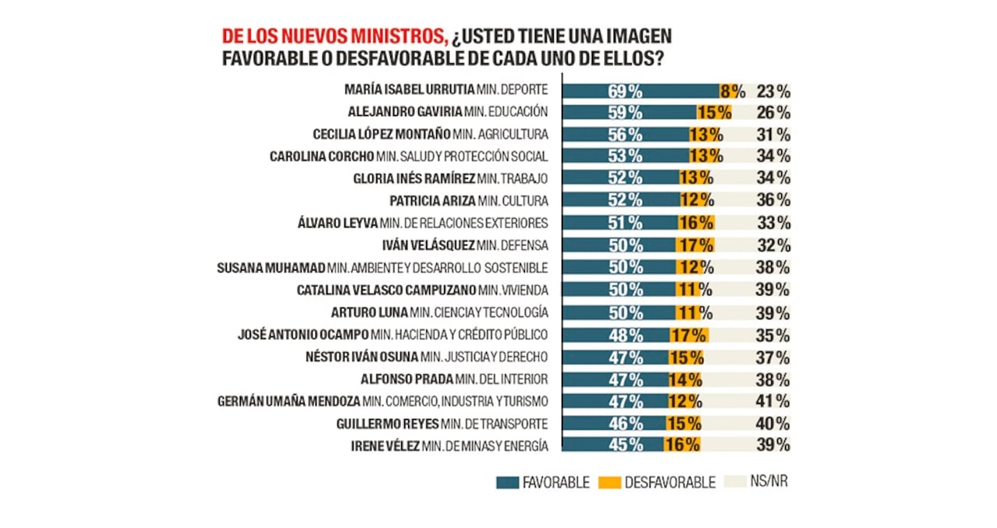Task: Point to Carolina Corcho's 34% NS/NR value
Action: coord(773,156)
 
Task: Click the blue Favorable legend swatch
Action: coord(507,483)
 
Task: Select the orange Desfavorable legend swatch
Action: coord(610,483)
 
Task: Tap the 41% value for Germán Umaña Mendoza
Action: coord(773,402)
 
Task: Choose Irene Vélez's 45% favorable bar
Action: coord(611,445)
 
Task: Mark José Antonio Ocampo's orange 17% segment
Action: coord(688,335)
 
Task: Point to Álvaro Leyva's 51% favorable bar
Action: coord(619,223)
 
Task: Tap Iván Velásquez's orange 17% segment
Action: coord(695,245)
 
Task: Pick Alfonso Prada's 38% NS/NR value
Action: coord(773,379)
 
